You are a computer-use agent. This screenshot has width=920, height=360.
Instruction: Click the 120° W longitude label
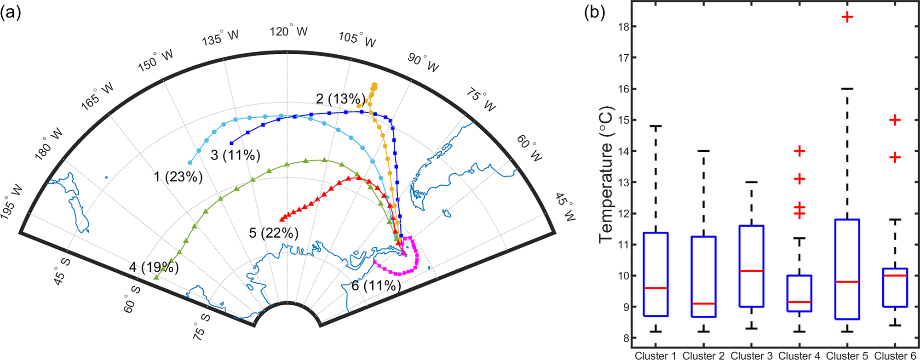[288, 32]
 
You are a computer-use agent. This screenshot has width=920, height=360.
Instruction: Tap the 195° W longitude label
[12, 202]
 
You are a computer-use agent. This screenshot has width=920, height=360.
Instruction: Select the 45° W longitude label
[565, 207]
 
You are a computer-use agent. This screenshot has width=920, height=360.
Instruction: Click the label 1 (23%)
[178, 177]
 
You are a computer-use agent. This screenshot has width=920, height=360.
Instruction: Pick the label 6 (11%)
[376, 286]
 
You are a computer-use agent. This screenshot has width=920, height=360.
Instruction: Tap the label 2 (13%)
[340, 98]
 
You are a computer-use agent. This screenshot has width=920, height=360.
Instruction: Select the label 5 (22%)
[274, 233]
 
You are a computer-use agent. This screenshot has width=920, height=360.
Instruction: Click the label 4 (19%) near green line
[154, 267]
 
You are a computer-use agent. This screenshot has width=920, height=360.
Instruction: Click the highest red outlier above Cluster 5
[847, 17]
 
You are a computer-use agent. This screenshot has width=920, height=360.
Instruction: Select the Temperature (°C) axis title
[606, 175]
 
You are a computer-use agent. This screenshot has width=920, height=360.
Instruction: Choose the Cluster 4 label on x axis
[799, 355]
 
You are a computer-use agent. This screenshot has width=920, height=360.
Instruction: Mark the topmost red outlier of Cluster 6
[895, 120]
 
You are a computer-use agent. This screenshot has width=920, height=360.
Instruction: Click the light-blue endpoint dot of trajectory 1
[190, 163]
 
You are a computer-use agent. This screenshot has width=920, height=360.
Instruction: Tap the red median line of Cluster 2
[703, 303]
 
